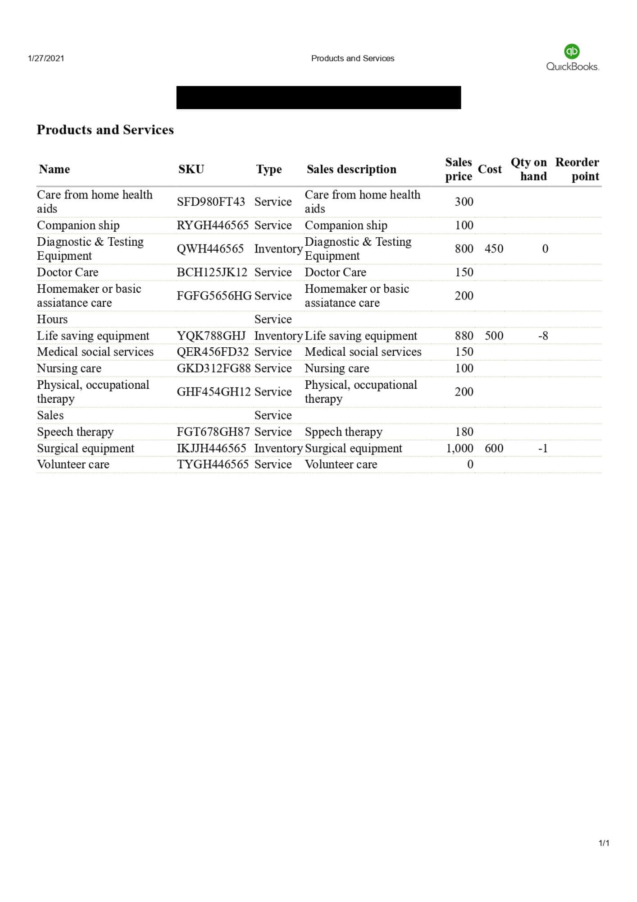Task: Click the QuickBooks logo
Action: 572,58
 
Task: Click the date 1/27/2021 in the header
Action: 46,58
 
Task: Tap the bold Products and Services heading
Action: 105,130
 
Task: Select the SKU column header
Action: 191,169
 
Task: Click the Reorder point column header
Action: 577,169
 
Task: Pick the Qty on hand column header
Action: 528,169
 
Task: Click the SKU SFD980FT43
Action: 211,202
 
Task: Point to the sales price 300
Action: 464,202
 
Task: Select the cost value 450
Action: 494,249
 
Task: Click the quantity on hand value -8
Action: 543,336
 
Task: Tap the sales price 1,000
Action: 460,448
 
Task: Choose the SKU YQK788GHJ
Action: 211,336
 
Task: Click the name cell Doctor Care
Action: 68,272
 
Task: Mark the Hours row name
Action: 52,319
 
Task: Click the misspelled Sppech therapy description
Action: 343,432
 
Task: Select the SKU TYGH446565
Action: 212,465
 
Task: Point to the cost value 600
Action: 494,448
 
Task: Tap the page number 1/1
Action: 604,843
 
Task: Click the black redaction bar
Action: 318,97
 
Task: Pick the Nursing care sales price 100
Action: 464,368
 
